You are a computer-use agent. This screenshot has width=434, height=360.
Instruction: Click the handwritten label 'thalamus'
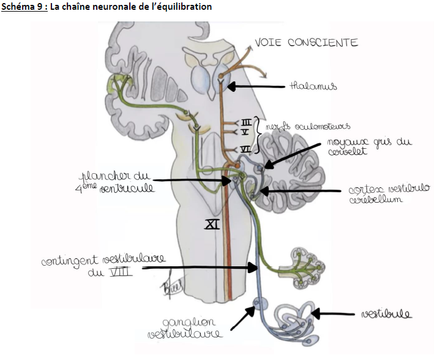313,87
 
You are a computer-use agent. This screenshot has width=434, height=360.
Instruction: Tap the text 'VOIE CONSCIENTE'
305,43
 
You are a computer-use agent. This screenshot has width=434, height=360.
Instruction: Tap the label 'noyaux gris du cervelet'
369,147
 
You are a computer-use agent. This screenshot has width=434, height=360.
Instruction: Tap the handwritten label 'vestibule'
386,314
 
